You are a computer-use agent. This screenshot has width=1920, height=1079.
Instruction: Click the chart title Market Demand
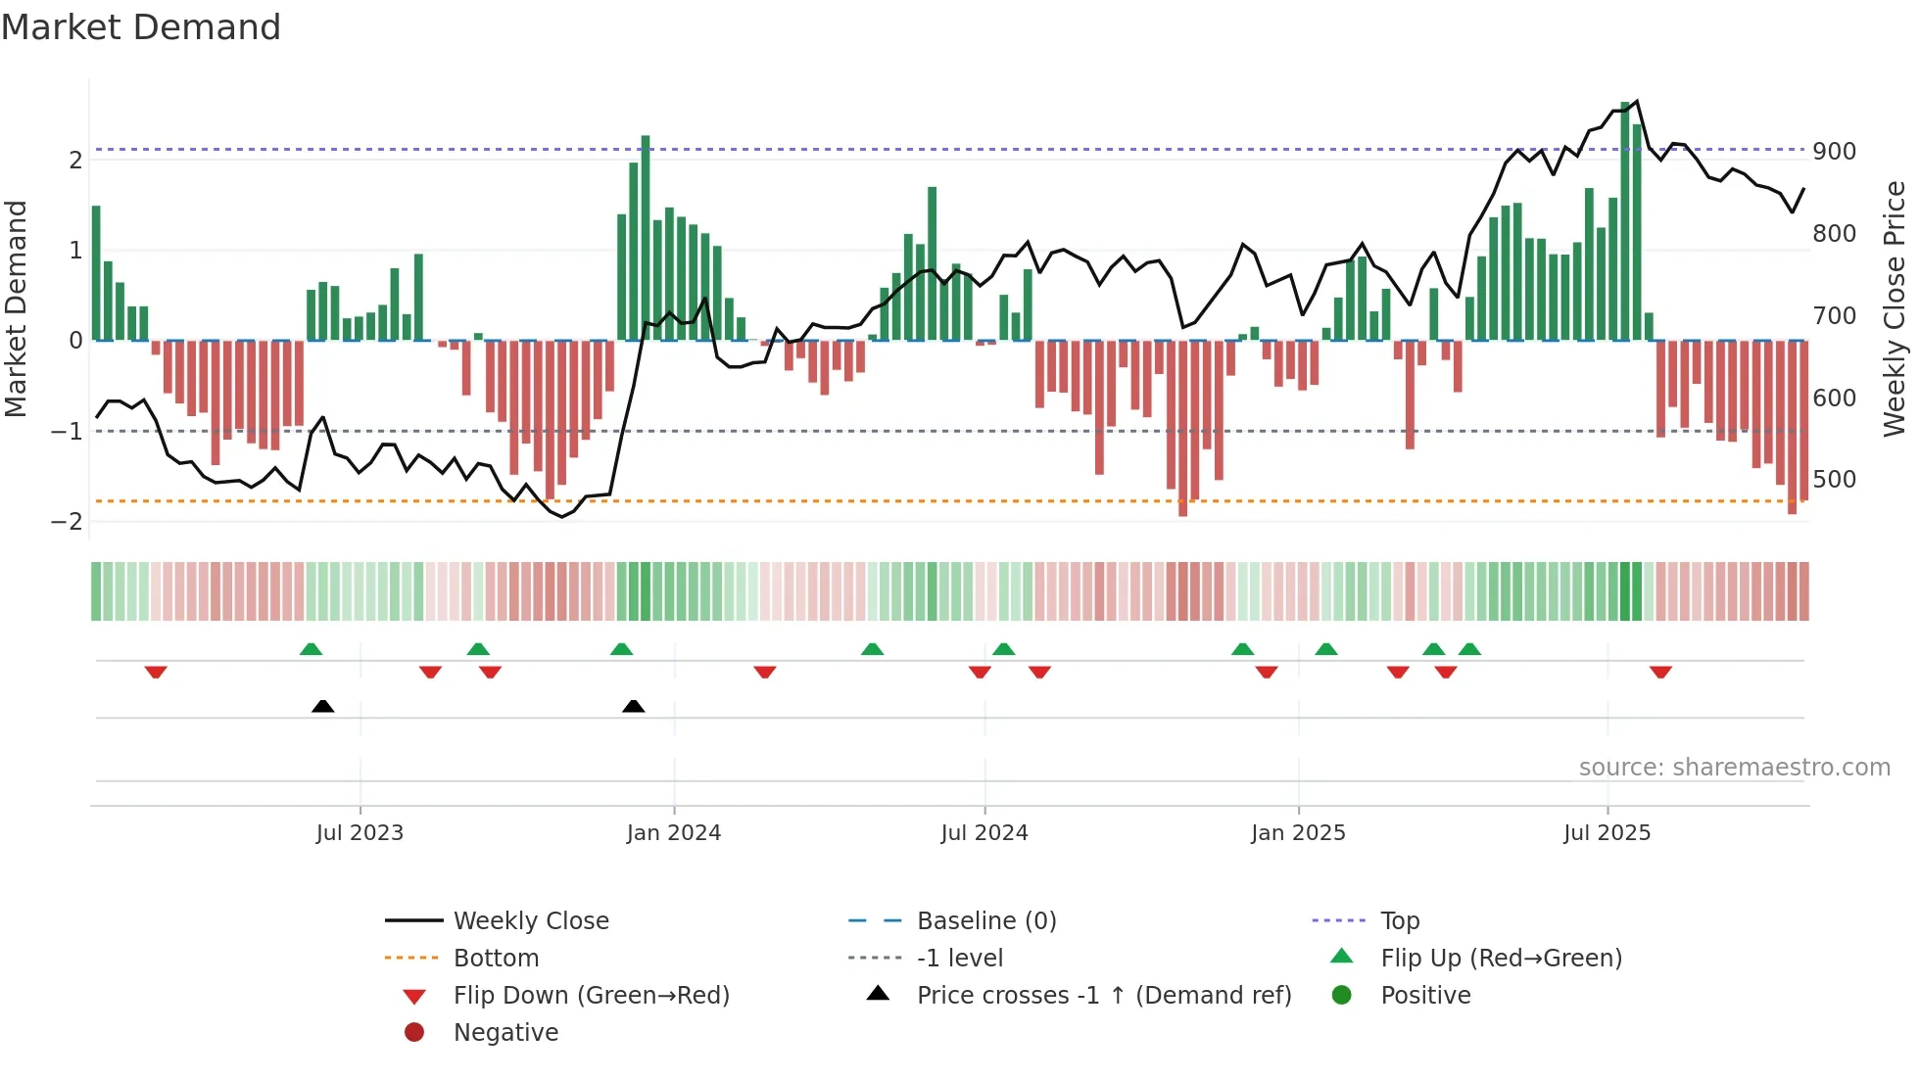[141, 27]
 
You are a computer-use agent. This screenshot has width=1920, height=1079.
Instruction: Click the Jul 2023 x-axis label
[360, 833]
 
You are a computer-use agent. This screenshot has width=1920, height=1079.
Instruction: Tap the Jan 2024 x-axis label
[674, 833]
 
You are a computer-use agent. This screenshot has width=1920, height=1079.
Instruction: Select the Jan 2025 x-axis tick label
[1298, 833]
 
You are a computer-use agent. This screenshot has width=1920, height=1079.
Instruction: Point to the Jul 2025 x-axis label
[1607, 833]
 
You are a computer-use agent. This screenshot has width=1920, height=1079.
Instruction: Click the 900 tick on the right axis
[1834, 152]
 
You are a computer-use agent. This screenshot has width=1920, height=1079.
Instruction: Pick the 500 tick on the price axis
[1834, 480]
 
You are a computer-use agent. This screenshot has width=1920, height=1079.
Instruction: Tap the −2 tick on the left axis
[67, 522]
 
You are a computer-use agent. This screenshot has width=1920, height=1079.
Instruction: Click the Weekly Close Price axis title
[1895, 308]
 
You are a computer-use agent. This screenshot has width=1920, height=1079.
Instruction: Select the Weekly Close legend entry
[530, 921]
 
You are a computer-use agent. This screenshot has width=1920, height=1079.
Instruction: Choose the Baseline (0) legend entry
[985, 921]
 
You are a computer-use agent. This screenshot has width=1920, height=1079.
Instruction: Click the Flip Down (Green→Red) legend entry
[591, 996]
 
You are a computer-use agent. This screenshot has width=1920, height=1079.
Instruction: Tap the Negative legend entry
[505, 1033]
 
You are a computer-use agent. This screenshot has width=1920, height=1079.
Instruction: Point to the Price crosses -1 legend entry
[1103, 996]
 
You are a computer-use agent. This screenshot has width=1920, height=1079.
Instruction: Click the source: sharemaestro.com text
[1734, 768]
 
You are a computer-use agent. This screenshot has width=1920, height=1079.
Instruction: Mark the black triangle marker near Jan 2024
[634, 707]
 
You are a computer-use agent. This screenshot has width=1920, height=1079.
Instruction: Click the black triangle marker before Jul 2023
[322, 707]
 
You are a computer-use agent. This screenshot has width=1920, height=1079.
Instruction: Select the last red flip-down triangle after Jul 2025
[1660, 672]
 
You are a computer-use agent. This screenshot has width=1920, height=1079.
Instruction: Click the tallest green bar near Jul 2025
[1625, 220]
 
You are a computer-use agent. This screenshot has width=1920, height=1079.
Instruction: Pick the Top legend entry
[1399, 921]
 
